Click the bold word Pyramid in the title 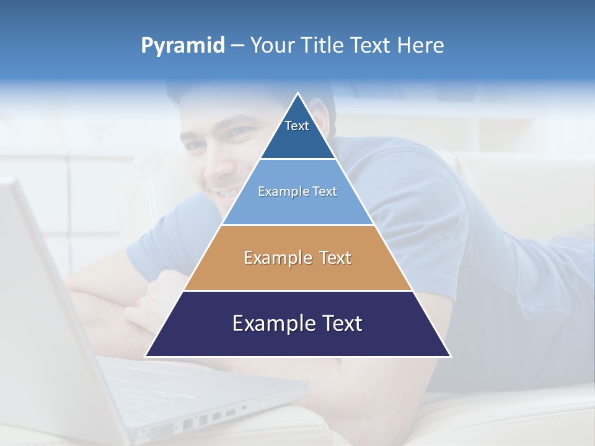click(183, 46)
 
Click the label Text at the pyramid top click(297, 126)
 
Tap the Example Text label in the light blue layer click(297, 191)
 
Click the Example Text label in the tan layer click(297, 258)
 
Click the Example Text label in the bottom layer click(297, 323)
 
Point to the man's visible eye click(239, 132)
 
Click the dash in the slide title click(237, 46)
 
